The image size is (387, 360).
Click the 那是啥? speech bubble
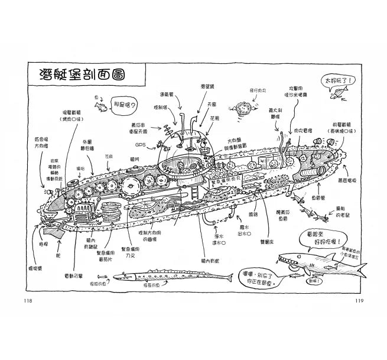[125, 106]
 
